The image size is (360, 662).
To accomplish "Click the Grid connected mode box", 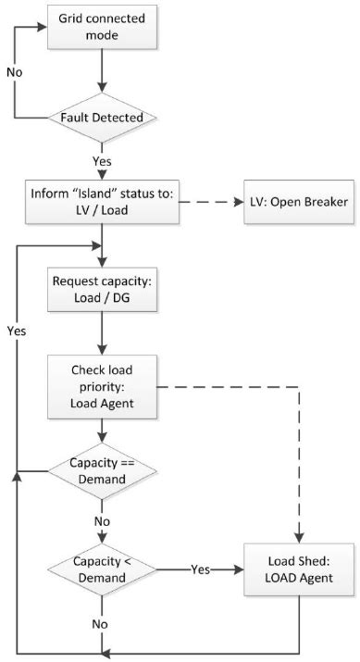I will point(101,26).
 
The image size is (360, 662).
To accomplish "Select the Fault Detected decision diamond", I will point(101,119).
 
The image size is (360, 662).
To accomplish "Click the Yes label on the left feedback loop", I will point(16,329).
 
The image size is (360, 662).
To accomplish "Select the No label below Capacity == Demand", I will point(102,520).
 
